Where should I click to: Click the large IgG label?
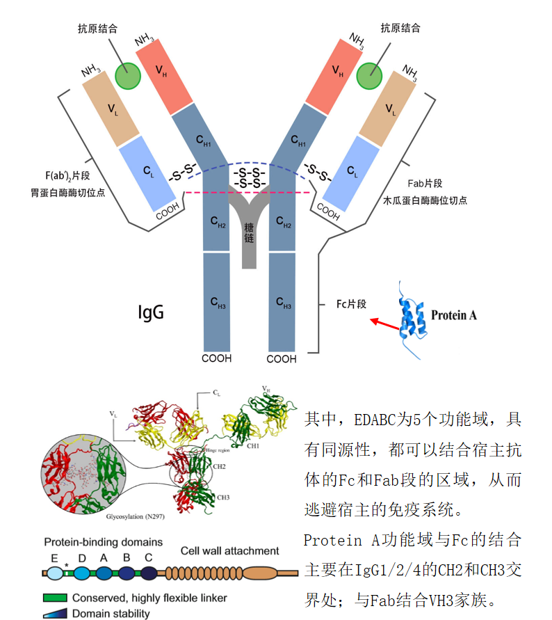click(149, 312)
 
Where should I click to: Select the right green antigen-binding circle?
click(369, 75)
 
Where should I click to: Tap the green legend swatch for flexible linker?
click(54, 598)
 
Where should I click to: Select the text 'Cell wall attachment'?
click(230, 550)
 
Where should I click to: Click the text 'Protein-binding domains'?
click(103, 541)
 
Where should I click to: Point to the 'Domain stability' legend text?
click(111, 613)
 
